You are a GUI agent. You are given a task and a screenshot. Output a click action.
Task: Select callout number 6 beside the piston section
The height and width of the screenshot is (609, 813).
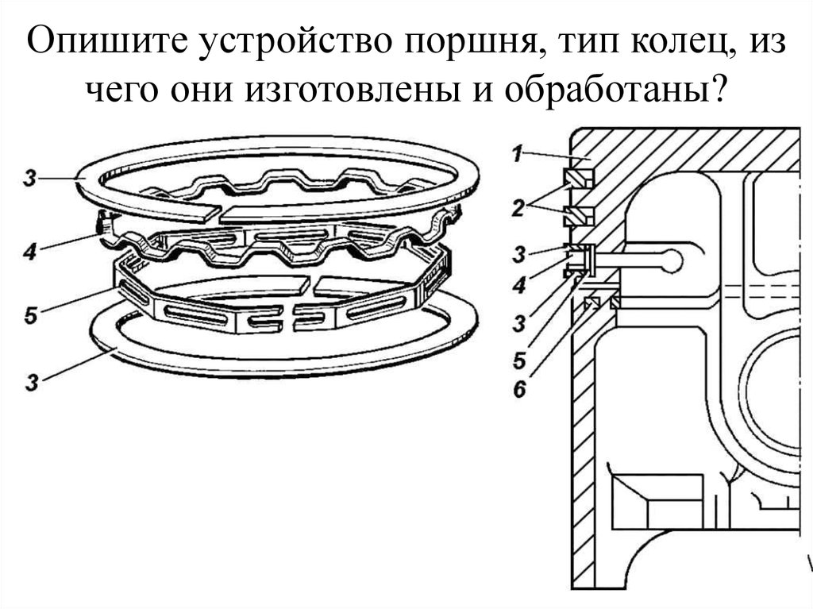(518, 389)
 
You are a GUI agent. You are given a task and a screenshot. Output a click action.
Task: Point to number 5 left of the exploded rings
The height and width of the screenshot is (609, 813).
(30, 316)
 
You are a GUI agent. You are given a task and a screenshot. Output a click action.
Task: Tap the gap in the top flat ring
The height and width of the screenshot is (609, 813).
(218, 213)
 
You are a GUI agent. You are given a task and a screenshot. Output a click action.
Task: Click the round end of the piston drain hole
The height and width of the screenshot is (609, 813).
(670, 261)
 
